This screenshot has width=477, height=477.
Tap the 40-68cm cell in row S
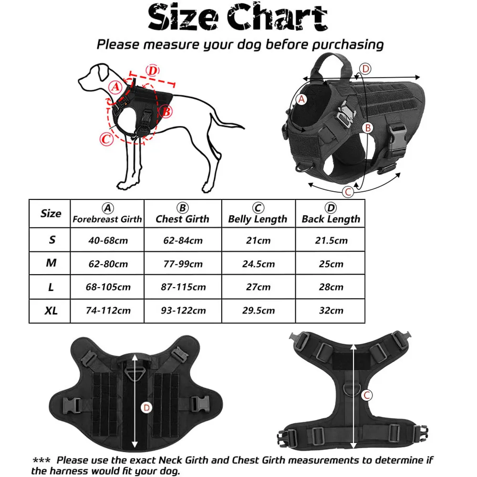pos(107,240)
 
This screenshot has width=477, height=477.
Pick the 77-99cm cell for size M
pos(182,264)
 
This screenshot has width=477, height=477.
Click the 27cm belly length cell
pos(258,287)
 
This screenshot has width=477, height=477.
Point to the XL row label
pos(51,311)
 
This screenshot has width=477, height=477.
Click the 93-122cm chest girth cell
pos(182,311)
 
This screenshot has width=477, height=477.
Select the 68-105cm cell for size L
pos(107,287)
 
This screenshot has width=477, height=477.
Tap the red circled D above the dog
pos(151,71)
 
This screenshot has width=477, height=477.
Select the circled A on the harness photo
pos(301,99)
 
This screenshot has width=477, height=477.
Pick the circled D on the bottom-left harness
pos(147,407)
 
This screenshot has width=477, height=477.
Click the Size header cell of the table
pos(51,213)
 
